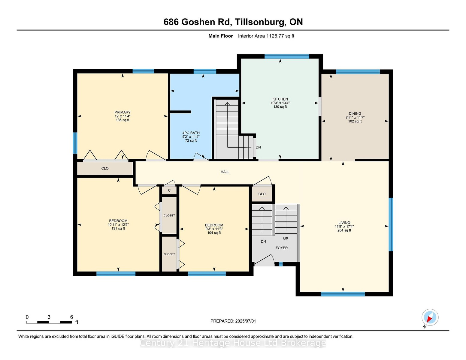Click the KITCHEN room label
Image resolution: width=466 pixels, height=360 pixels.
pos(280,99)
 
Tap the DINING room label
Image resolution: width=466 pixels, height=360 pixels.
pos(355,114)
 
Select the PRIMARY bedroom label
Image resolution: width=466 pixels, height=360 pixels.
pos(123,112)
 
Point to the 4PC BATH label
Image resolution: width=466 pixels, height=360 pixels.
pos(191,133)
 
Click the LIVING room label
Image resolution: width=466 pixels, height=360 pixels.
pos(344,223)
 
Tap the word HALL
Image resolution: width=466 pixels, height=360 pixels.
pos(225,172)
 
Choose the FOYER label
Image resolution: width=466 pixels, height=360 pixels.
pos(282,248)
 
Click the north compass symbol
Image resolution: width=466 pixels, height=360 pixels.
pos(430,318)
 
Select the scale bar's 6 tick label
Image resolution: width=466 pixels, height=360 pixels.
pos(72,317)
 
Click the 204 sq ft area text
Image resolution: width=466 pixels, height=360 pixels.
pos(344,230)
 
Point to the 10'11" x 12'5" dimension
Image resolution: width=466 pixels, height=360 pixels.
pos(118,225)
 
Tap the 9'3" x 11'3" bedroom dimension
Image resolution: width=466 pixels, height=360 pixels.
pos(214,229)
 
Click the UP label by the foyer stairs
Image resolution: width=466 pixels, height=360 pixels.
pos(286,238)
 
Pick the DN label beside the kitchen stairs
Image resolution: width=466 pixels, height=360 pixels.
pos(258,147)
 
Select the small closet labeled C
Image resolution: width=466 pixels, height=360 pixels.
pos(169,190)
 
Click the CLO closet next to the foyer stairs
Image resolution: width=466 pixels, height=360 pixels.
pos(262,194)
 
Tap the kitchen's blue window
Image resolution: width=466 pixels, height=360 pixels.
pos(287,56)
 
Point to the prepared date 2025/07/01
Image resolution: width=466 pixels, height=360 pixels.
pos(246,321)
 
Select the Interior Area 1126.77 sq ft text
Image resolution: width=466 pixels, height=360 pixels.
pos(266,36)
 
